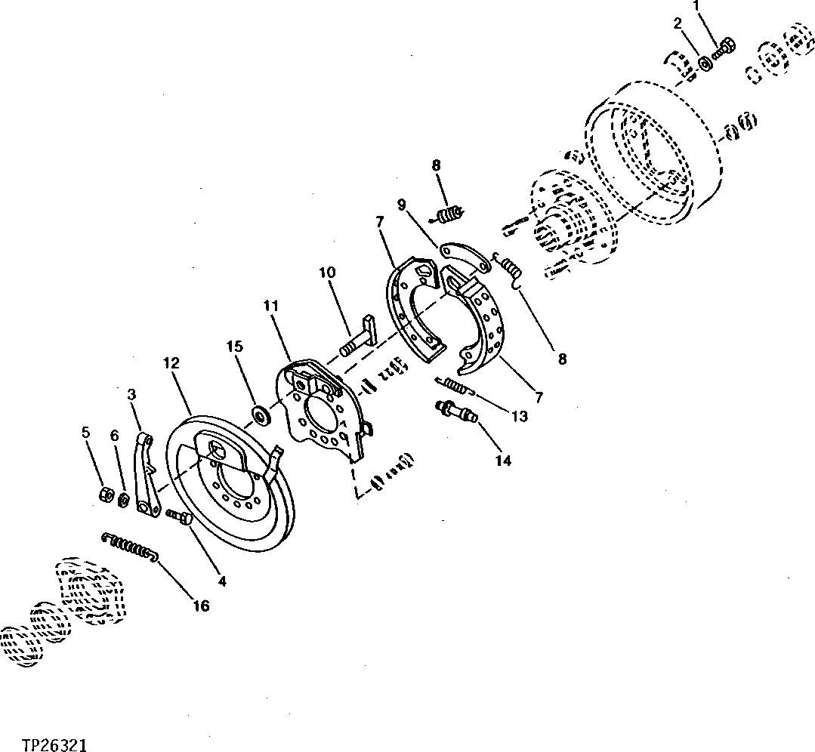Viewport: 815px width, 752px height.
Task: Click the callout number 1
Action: [696, 8]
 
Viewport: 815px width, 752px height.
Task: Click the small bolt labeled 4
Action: [181, 518]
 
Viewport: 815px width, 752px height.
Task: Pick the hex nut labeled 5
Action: [107, 495]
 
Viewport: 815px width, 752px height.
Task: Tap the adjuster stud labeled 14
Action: [454, 411]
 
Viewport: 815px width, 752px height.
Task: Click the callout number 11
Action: [271, 306]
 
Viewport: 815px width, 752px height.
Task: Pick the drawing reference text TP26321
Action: [44, 746]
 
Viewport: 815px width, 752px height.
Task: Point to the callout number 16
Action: [200, 606]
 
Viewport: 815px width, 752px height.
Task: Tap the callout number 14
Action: [503, 460]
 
